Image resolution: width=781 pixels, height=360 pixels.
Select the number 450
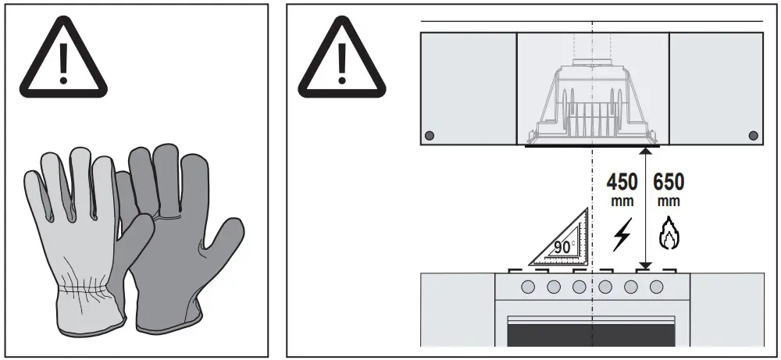tap(622, 183)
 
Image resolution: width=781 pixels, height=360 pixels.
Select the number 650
tap(669, 183)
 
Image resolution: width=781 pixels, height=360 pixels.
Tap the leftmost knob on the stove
tap(528, 287)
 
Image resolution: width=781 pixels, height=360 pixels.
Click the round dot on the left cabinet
tap(429, 136)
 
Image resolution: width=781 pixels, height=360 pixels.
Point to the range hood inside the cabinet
tap(593, 102)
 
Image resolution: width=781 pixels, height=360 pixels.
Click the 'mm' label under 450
tap(622, 201)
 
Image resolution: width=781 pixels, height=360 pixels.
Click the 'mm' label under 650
tap(669, 201)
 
